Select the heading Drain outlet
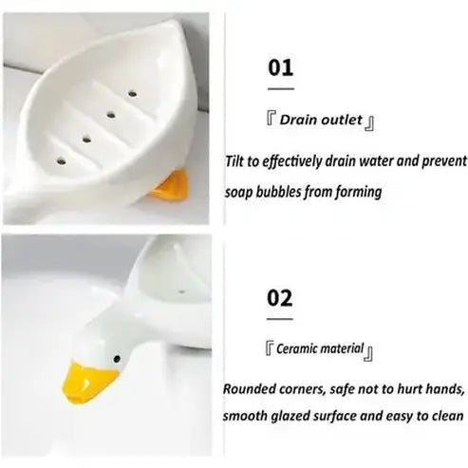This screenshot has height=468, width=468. tap(318, 121)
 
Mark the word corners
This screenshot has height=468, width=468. tap(312, 389)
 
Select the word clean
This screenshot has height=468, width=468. tap(444, 416)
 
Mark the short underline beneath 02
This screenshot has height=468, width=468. tap(280, 320)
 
